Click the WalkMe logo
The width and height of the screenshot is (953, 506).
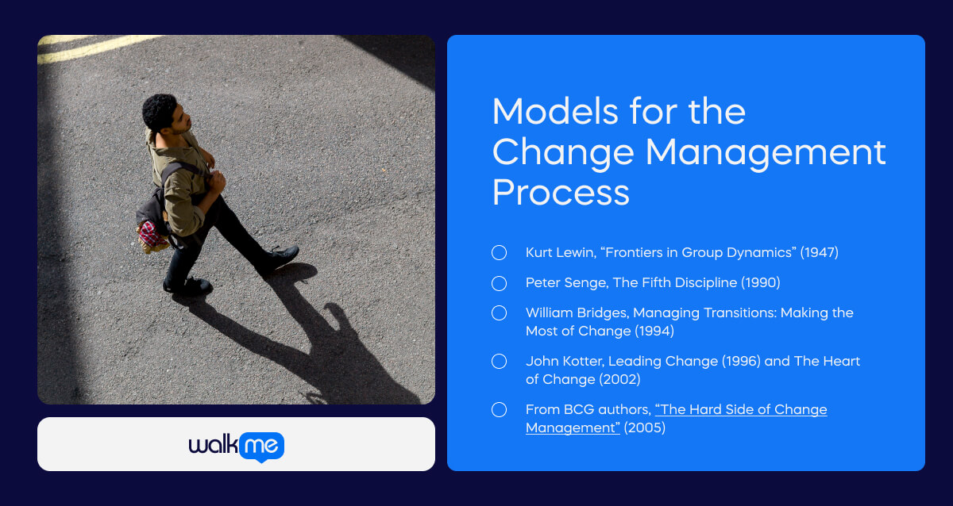(236, 446)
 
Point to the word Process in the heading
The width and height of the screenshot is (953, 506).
(561, 192)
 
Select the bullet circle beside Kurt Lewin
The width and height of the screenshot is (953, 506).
(499, 253)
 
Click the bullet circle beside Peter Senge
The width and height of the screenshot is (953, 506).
(499, 283)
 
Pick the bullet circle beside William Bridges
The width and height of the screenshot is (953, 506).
(499, 313)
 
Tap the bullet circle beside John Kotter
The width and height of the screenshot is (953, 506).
(499, 362)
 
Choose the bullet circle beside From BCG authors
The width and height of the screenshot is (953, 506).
(499, 410)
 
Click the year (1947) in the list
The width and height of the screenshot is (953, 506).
(819, 253)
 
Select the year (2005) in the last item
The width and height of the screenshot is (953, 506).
(644, 428)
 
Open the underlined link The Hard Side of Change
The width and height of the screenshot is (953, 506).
(740, 410)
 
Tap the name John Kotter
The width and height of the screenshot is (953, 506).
(564, 362)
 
